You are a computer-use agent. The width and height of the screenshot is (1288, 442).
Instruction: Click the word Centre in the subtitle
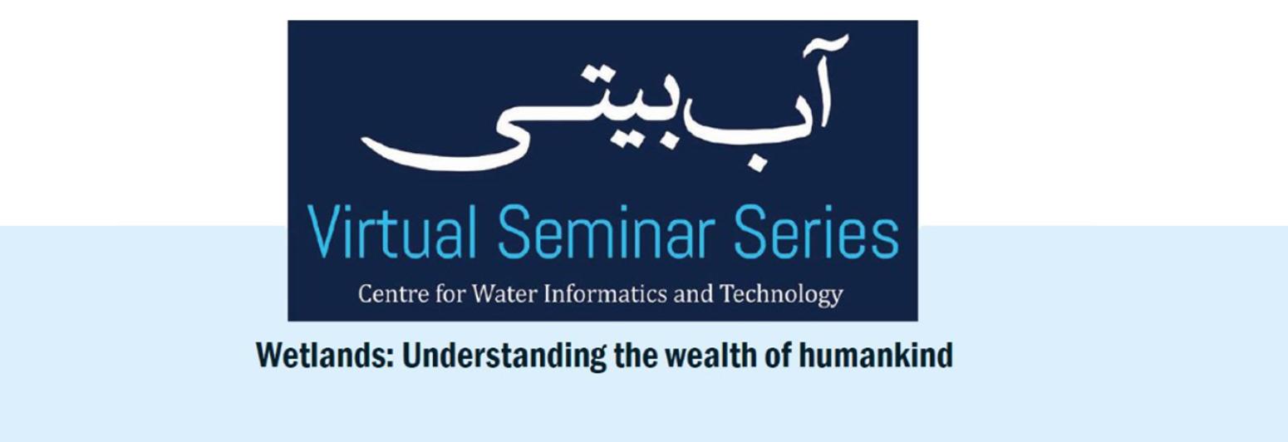click(x=387, y=294)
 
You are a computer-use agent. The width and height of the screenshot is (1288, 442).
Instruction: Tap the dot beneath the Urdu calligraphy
click(x=755, y=165)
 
